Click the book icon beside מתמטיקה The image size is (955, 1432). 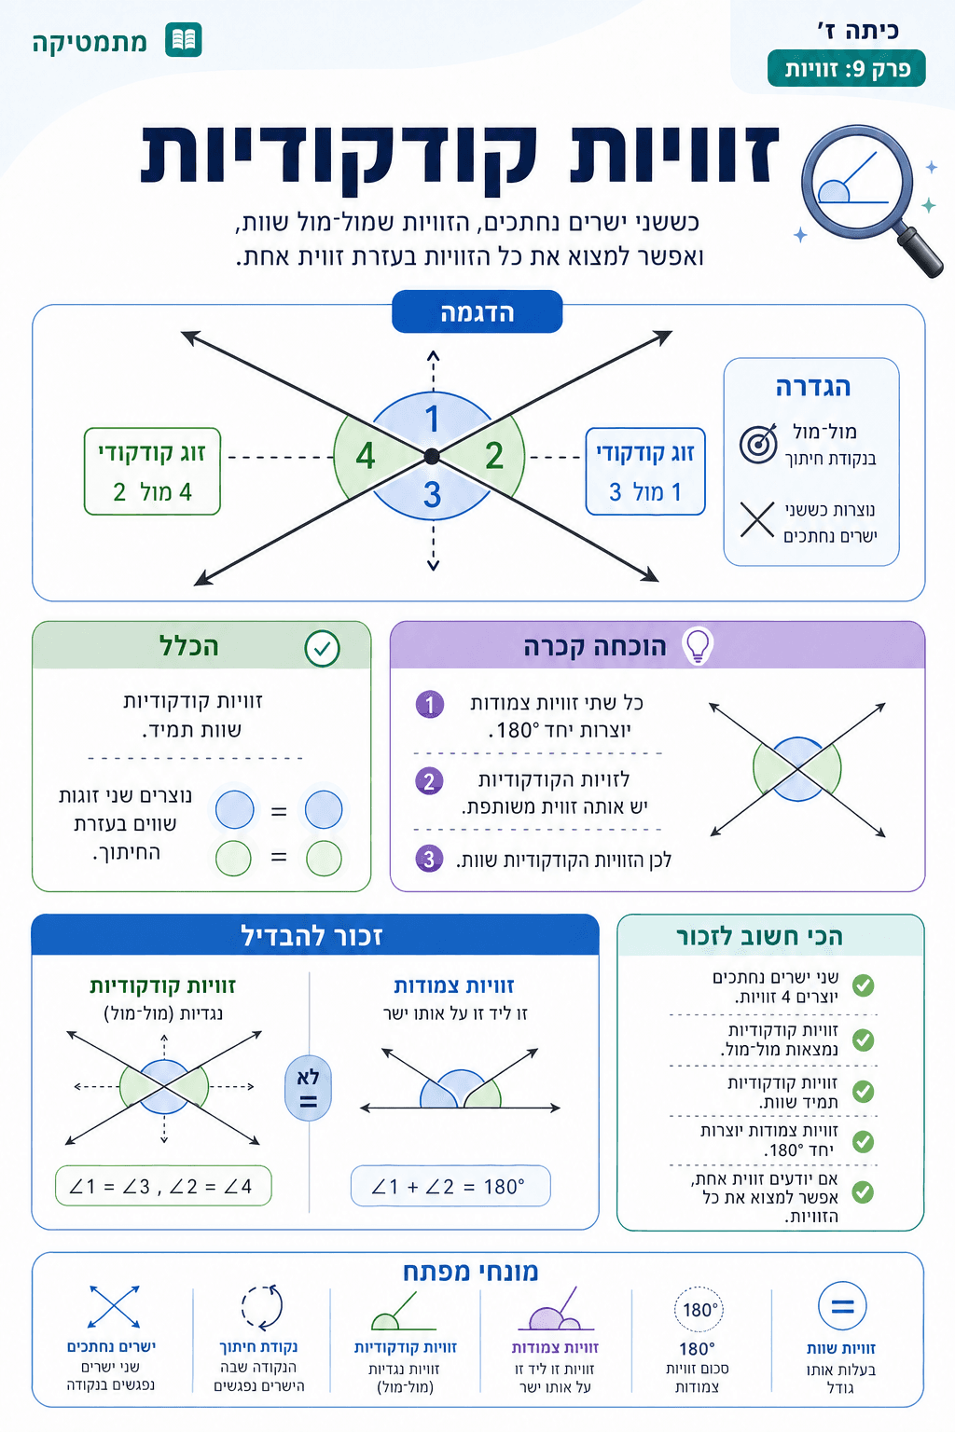[184, 41]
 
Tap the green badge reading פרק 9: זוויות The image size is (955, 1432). [846, 69]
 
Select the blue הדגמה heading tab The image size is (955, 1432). [477, 312]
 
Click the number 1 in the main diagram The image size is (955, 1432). [432, 419]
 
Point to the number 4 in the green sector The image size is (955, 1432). [366, 456]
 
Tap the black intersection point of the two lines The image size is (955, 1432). [432, 456]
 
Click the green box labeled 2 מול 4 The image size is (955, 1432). [152, 472]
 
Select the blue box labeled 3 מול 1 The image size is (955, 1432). [645, 472]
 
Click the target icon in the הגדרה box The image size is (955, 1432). [758, 444]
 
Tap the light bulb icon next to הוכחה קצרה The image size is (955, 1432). [698, 645]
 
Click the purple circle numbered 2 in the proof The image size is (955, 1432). [429, 780]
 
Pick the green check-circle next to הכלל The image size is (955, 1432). [323, 648]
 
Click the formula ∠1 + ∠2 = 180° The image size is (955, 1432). [450, 1187]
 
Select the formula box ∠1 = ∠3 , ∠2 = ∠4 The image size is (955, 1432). [162, 1187]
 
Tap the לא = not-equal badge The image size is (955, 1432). [308, 1088]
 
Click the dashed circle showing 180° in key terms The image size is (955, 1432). [699, 1309]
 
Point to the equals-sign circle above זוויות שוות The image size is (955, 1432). [841, 1306]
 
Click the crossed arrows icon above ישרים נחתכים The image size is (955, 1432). [114, 1306]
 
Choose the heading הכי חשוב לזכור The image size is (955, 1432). [760, 937]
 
